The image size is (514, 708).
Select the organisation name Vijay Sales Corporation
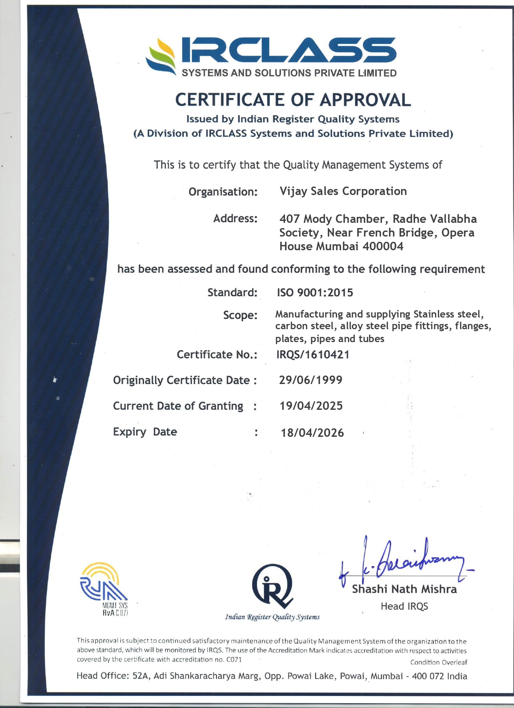(343, 191)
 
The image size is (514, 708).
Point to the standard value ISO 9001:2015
(315, 293)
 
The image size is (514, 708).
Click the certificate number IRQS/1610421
(313, 355)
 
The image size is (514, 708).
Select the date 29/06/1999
(310, 380)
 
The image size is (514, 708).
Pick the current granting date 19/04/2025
(311, 406)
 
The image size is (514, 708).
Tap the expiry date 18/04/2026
(312, 433)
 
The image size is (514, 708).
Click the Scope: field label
(240, 315)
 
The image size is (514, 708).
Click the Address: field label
(235, 218)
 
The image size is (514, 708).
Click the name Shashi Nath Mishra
(404, 589)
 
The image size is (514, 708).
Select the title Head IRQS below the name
(404, 606)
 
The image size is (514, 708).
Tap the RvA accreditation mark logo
(104, 589)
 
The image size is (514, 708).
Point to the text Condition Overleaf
(439, 662)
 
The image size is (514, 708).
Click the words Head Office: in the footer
(103, 676)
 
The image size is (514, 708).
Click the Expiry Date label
(145, 432)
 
